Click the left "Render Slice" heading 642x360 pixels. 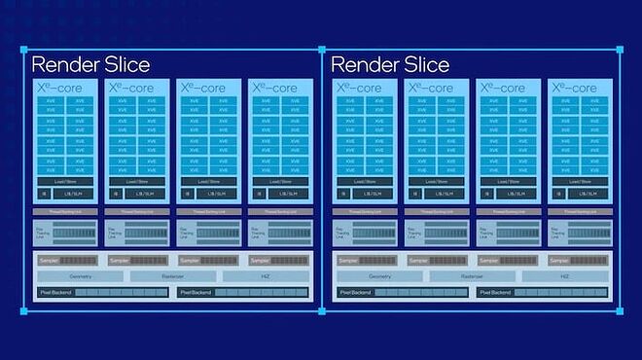tap(91, 65)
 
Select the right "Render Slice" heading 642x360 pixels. tap(391, 65)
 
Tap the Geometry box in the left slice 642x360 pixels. tap(81, 276)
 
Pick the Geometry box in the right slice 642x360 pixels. tap(379, 276)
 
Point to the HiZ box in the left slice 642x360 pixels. tap(266, 276)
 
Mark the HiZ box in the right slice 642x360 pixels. tap(565, 276)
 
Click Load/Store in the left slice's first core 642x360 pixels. tap(66, 181)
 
